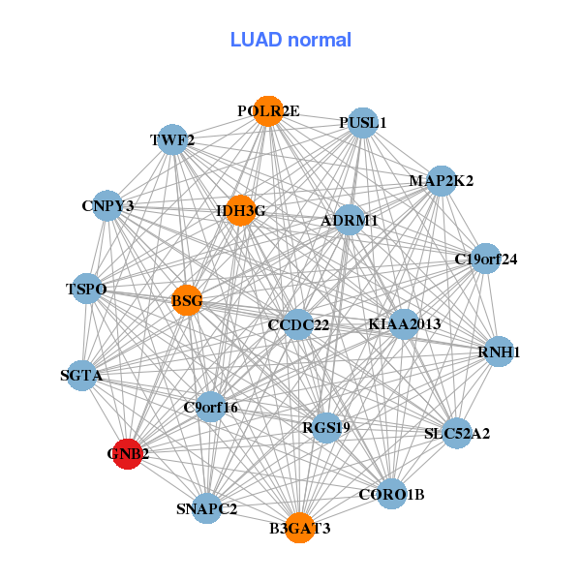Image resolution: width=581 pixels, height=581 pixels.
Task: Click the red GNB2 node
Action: tap(128, 452)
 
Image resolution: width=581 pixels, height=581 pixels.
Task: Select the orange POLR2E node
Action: tap(268, 111)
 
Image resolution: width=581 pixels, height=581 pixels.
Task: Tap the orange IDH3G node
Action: tap(240, 210)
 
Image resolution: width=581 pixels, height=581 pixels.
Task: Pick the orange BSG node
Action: tap(187, 301)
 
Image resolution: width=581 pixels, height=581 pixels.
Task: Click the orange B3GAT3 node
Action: tap(299, 528)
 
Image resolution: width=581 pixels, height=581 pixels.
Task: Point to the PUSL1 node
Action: tap(362, 123)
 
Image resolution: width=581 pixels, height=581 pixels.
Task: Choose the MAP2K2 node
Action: tap(441, 181)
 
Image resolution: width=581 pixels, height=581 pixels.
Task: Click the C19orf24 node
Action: tap(486, 259)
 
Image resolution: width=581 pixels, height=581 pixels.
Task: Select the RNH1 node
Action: tap(499, 352)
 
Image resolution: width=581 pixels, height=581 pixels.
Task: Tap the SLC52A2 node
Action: tap(457, 433)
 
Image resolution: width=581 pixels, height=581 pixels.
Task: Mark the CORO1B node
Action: tap(391, 495)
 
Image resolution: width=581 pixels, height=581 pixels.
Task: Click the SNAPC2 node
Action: tap(207, 507)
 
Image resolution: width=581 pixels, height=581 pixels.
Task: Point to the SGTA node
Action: tap(81, 375)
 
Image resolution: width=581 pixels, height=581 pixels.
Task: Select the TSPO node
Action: tap(86, 290)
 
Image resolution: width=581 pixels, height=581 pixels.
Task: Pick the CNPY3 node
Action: tap(107, 205)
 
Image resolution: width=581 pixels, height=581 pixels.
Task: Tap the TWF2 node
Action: tap(172, 140)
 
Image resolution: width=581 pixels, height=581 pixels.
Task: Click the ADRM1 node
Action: tap(350, 221)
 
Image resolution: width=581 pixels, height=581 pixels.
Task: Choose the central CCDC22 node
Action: tap(298, 324)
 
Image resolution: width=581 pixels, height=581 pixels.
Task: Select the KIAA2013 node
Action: tap(404, 323)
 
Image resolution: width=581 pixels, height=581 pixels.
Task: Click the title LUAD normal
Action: tap(290, 40)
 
